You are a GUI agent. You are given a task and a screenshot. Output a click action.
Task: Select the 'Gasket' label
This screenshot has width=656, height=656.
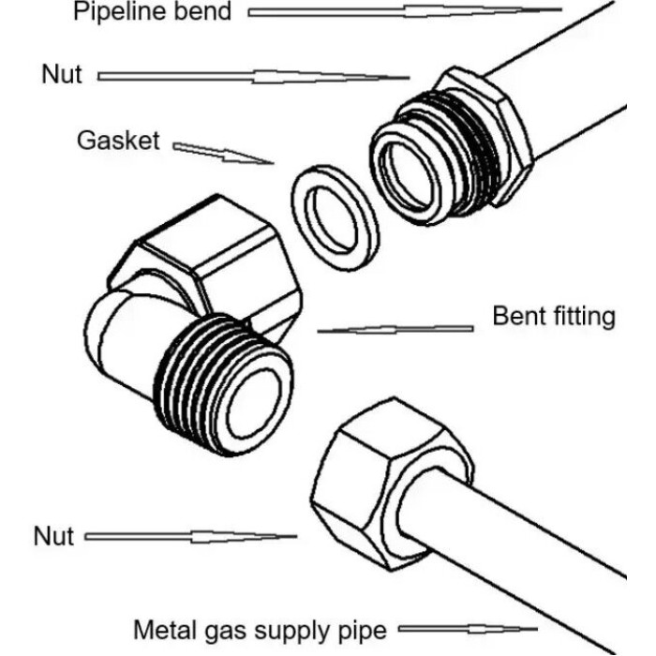click(x=117, y=142)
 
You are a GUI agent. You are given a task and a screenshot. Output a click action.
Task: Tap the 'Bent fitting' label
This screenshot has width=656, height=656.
click(x=554, y=316)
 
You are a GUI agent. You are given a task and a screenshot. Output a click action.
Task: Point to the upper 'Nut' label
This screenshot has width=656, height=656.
click(x=63, y=74)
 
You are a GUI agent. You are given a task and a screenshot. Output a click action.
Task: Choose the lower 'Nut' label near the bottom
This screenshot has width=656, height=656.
click(x=53, y=536)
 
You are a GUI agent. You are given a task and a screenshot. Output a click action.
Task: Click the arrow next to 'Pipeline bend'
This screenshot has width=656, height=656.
click(x=404, y=12)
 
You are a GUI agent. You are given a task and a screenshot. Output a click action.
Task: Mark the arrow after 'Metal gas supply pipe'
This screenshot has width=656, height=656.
click(x=469, y=629)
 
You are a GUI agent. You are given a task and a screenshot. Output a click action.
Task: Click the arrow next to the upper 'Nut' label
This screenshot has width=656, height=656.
click(x=253, y=76)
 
